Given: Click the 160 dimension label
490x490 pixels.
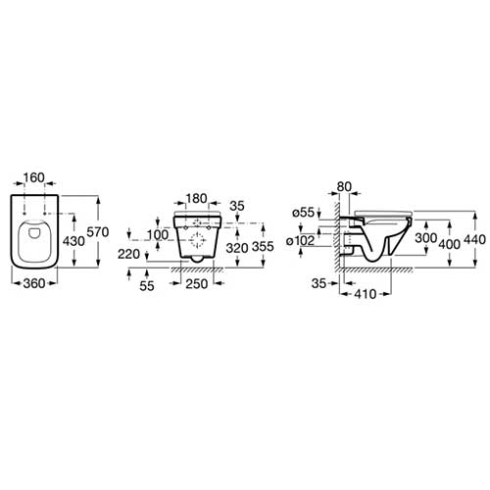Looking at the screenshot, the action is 34,177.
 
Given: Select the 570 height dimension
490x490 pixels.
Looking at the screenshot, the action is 98,232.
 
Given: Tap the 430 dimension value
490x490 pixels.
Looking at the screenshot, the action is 73,241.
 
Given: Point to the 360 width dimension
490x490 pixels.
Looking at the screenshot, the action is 34,283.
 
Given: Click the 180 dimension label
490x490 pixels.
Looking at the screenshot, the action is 196,198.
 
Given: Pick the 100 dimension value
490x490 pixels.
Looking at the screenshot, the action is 158,234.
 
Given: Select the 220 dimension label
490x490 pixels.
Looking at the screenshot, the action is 128,254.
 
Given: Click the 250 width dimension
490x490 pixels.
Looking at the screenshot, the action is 197,284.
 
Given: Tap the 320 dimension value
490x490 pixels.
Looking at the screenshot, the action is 237,248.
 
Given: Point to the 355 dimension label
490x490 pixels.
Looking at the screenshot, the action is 263,246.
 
